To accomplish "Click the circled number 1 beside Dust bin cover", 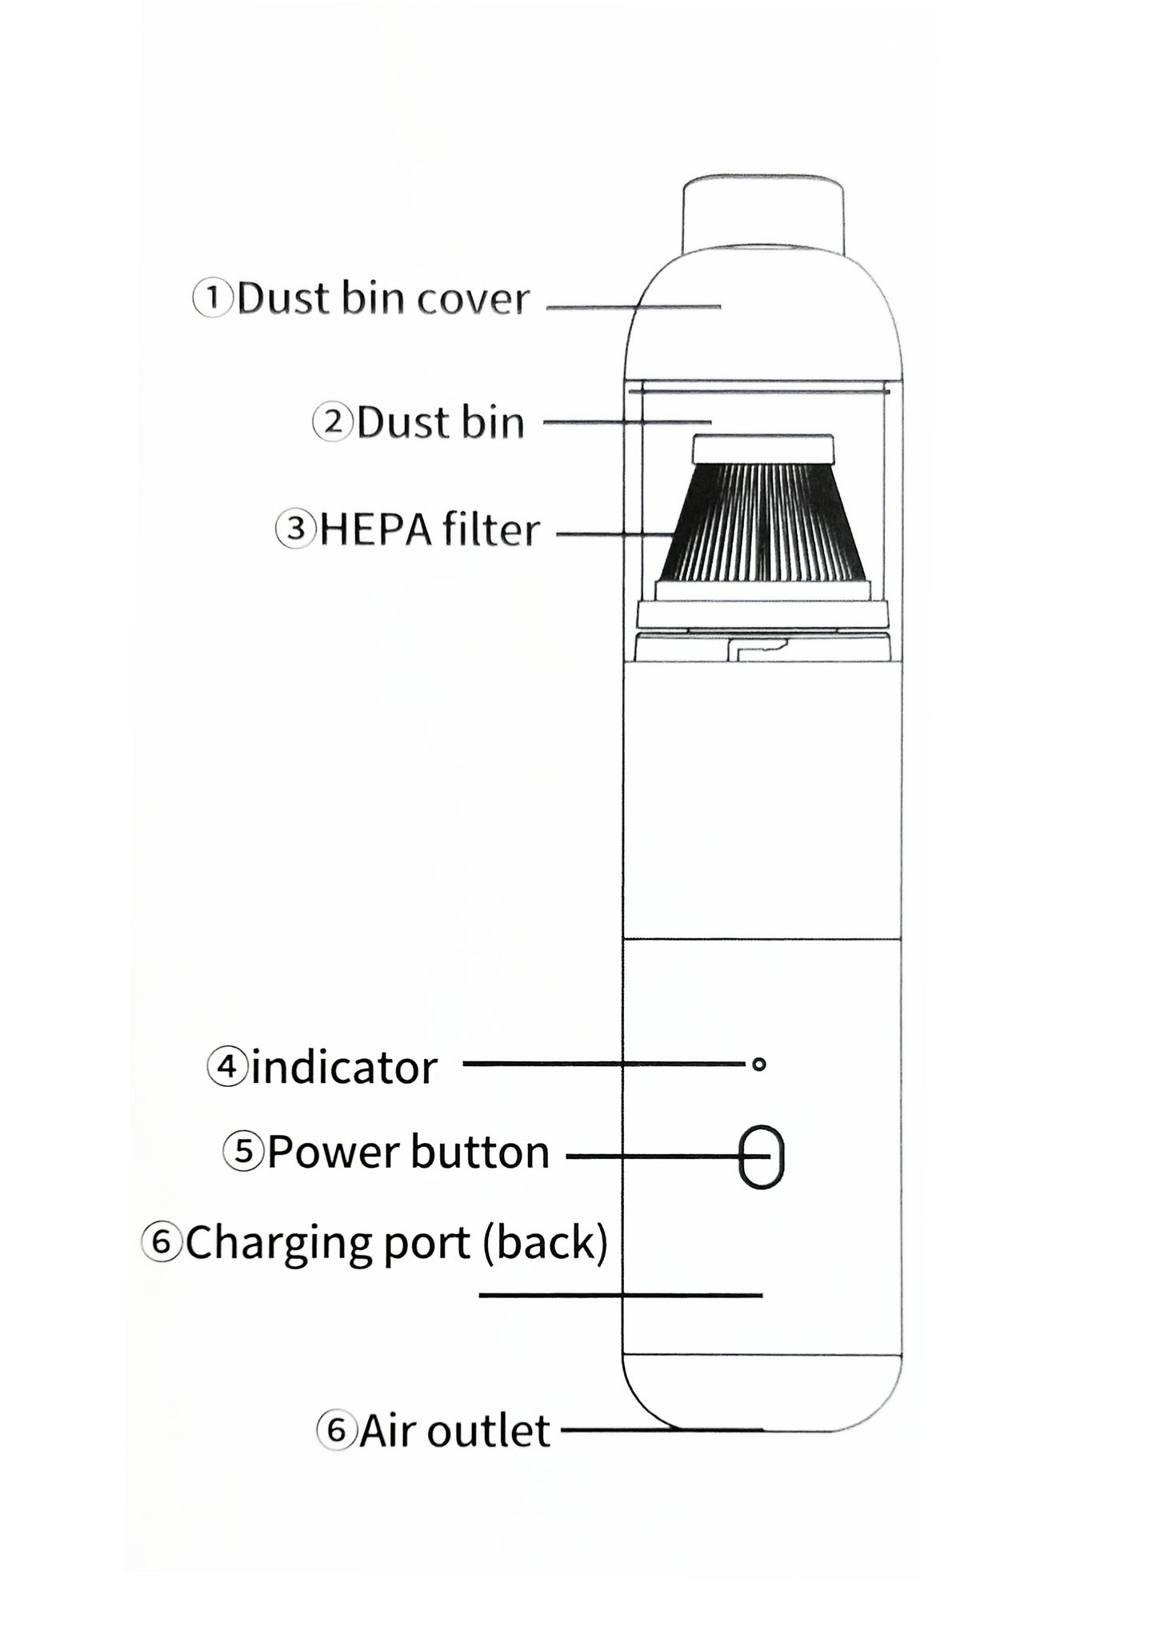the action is pyautogui.click(x=213, y=299).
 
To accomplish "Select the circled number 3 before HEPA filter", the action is pyautogui.click(x=296, y=529).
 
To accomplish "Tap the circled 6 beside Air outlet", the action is pyautogui.click(x=336, y=1430).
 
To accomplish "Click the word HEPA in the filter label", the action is pyautogui.click(x=369, y=530).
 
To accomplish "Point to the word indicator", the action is pyautogui.click(x=344, y=1068).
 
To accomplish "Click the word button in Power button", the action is pyautogui.click(x=480, y=1153).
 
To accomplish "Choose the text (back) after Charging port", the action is pyautogui.click(x=545, y=1244).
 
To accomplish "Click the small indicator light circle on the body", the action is pyautogui.click(x=759, y=1064).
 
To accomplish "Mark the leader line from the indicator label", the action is pyautogui.click(x=605, y=1064).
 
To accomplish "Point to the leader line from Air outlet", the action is pyautogui.click(x=662, y=1429).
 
